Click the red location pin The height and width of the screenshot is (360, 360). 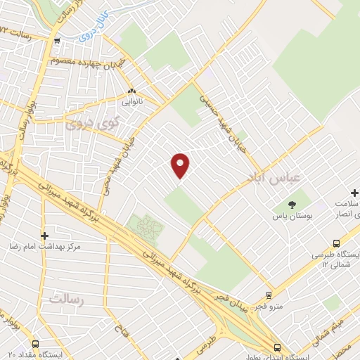181,165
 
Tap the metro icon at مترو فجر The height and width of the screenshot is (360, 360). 268,296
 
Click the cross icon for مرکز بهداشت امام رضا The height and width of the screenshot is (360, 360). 45,236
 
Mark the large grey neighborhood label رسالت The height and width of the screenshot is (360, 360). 66,300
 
